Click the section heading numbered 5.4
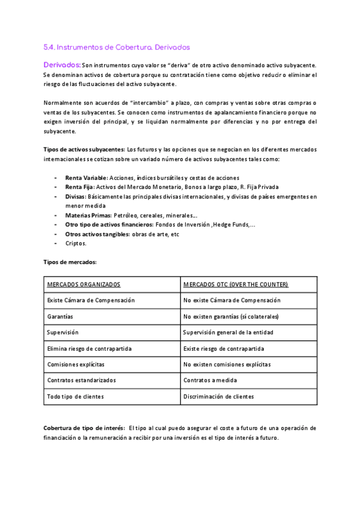(117, 46)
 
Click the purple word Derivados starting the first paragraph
(62, 64)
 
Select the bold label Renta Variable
(86, 178)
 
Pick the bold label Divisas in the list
(76, 196)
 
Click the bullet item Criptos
(76, 243)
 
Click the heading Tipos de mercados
(70, 262)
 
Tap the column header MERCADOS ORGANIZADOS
(84, 284)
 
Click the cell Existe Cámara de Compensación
(91, 300)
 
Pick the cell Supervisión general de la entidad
(228, 332)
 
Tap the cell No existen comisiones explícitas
(227, 364)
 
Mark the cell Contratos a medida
(210, 381)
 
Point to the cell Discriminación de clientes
(219, 397)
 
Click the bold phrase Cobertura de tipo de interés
(84, 428)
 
